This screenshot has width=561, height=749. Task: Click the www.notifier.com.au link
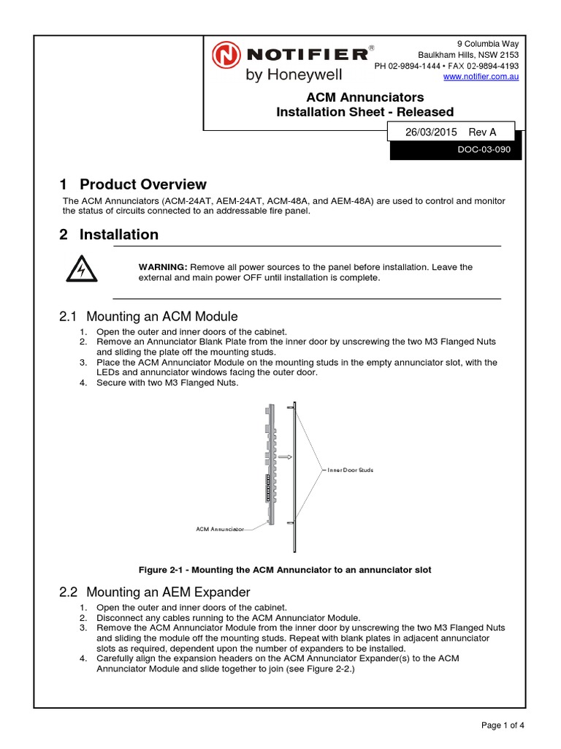pos(481,77)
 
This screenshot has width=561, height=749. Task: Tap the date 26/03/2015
pos(431,132)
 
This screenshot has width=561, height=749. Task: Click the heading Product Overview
pos(142,184)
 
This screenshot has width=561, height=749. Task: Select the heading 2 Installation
pos(109,235)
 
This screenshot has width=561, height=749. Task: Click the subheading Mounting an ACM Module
pos(161,317)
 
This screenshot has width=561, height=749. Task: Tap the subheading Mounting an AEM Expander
pos(168,592)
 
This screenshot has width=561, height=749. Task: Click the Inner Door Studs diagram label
pos(350,470)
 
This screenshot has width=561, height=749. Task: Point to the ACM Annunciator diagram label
pos(219,528)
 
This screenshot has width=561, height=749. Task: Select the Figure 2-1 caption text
pos(285,570)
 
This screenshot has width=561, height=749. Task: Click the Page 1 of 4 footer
pos(503,726)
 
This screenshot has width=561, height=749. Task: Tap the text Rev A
pos(482,132)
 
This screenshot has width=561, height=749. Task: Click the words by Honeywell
pos(288,74)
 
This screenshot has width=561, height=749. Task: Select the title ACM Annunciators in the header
pos(364,97)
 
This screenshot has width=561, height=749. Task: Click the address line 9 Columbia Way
pos(488,44)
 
